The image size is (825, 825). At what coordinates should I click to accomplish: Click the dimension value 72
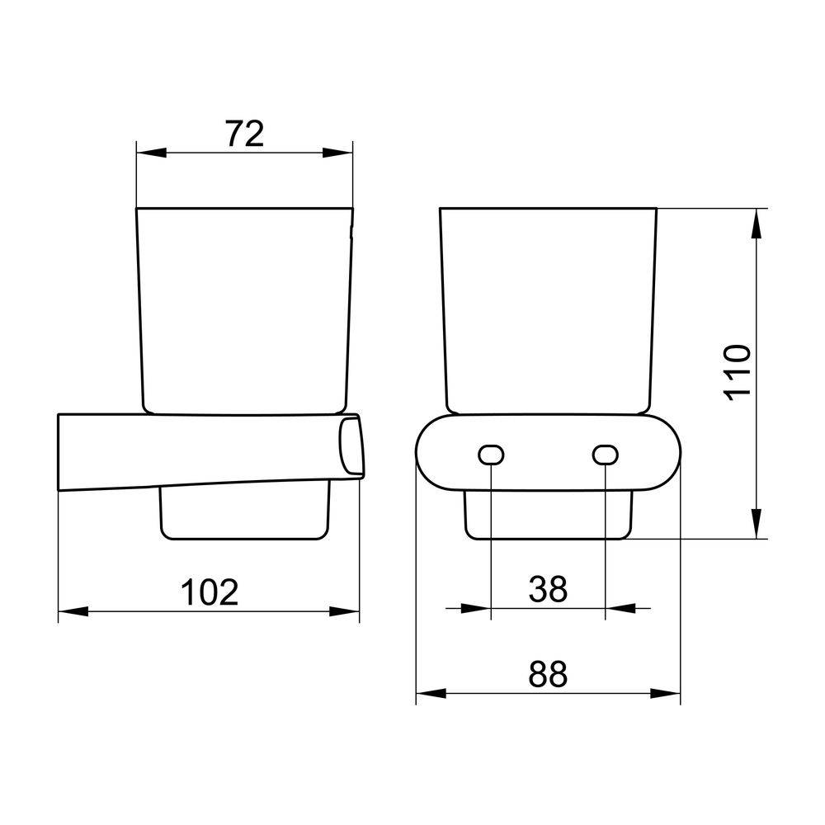point(245,134)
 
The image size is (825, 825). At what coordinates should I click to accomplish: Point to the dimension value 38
point(549,589)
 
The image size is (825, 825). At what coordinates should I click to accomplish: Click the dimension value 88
point(549,674)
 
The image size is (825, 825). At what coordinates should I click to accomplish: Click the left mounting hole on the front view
point(492,455)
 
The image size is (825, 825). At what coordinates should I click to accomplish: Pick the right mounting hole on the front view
point(605,455)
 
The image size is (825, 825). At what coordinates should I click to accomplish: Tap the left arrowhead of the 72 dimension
point(152,153)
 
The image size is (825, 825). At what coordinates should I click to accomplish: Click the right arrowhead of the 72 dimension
point(337,153)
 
